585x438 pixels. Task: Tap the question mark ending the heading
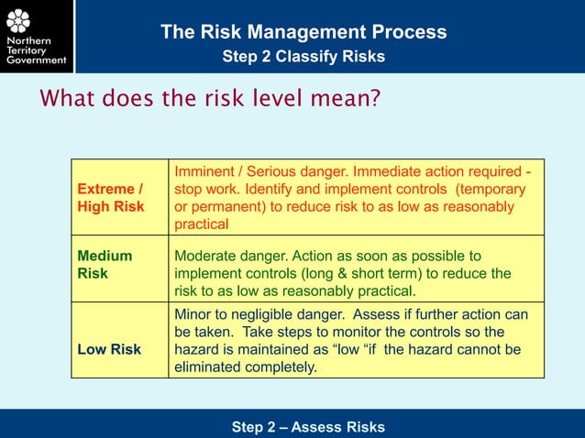(x=375, y=97)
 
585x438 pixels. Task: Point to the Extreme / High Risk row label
(x=111, y=197)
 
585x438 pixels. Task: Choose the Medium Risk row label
(x=105, y=265)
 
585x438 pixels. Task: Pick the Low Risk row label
(x=109, y=349)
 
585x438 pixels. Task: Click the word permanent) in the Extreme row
(x=229, y=206)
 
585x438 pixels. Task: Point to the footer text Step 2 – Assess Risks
(x=308, y=427)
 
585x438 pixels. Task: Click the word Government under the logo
(x=36, y=60)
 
